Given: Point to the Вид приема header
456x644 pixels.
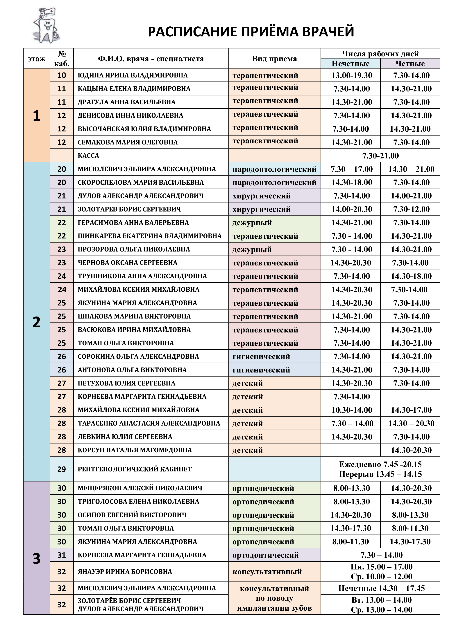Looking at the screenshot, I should click(x=274, y=59).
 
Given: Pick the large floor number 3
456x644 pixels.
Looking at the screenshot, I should click(x=37, y=559).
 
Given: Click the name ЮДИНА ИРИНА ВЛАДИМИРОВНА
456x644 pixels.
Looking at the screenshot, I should click(x=133, y=75).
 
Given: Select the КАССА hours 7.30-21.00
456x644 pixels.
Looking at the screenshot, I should click(x=380, y=156).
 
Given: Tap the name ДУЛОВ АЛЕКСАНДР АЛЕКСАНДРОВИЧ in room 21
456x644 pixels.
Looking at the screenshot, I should click(x=140, y=196).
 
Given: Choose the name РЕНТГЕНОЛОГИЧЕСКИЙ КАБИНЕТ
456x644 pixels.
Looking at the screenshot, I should click(x=135, y=469).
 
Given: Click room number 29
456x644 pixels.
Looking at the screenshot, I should click(x=62, y=469).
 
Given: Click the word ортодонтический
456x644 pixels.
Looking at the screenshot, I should click(x=265, y=555).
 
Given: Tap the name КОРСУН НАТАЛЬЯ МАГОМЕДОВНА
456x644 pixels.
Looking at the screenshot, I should click(x=135, y=450).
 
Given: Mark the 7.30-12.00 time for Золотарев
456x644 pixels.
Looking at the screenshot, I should click(x=411, y=209).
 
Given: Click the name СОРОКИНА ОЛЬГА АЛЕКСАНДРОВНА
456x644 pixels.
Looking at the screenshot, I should click(x=138, y=357).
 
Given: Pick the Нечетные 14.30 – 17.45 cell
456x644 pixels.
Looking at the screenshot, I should click(x=381, y=588).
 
